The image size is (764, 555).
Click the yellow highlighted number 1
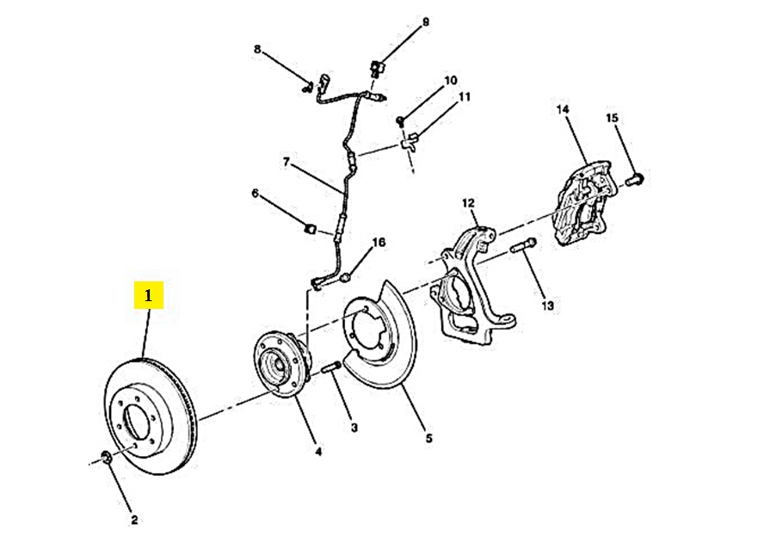tap(149, 295)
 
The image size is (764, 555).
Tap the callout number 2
tap(134, 520)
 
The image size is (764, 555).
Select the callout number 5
tap(428, 438)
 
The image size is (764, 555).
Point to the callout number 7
tap(286, 162)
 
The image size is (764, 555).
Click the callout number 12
tap(468, 203)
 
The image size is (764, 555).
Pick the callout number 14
tap(563, 109)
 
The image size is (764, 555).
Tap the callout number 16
tap(379, 242)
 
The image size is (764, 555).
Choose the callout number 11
tap(465, 96)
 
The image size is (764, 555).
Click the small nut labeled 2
tap(106, 458)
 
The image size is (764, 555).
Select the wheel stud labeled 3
tap(331, 368)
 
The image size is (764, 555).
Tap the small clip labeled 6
tap(309, 229)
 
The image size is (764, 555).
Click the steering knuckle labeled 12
tap(471, 286)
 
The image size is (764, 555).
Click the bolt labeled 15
tap(634, 179)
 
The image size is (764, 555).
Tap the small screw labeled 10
tap(401, 120)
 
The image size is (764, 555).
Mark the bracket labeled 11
tap(409, 142)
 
